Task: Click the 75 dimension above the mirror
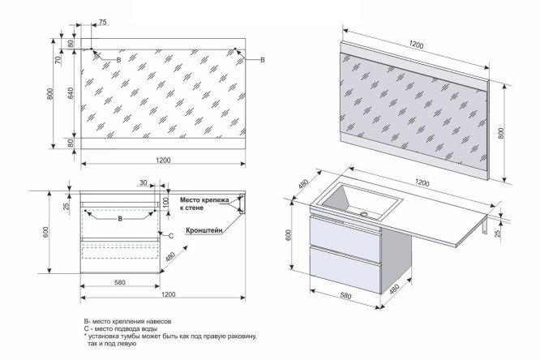click(x=102, y=23)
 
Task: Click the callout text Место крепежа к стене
click(x=205, y=204)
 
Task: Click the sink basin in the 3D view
click(x=363, y=197)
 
